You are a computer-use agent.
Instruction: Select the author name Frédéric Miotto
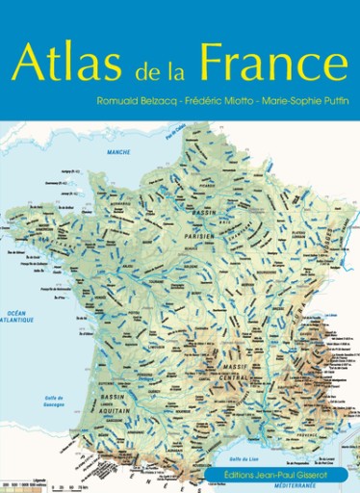pyautogui.click(x=220, y=101)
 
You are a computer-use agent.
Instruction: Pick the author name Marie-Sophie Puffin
pyautogui.click(x=301, y=101)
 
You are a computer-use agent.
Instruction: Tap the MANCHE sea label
pyautogui.click(x=117, y=153)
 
